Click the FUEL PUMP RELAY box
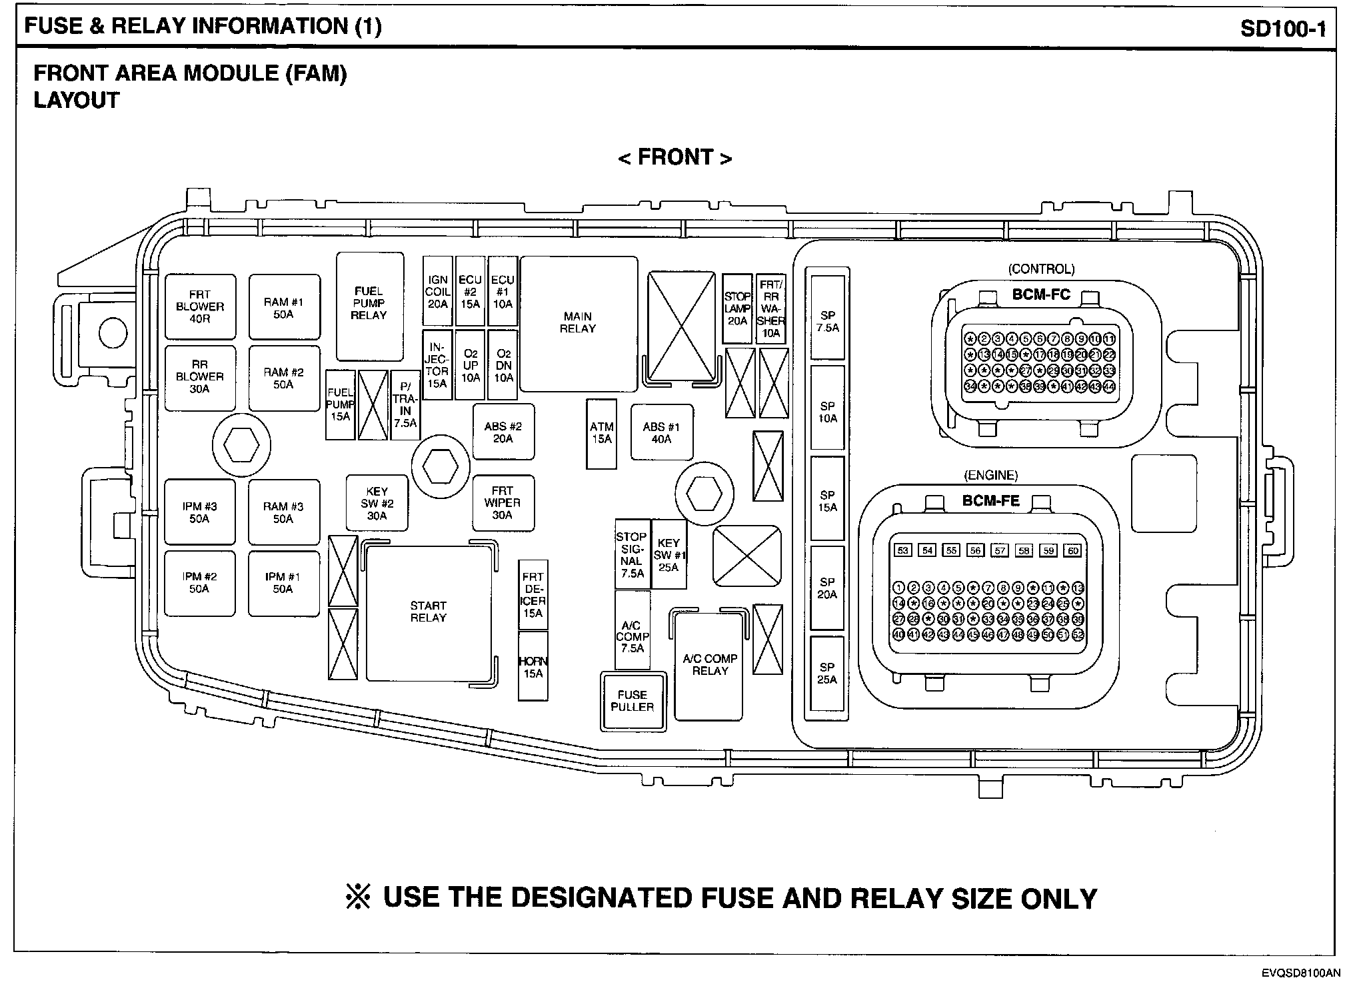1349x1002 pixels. point(369,306)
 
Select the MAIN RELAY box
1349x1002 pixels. point(578,323)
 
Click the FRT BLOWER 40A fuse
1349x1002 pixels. point(200,306)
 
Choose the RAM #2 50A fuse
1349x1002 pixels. point(284,378)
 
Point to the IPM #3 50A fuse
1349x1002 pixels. point(200,512)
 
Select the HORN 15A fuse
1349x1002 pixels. point(533,667)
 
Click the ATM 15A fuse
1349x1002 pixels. point(601,433)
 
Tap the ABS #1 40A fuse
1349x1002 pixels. point(661,433)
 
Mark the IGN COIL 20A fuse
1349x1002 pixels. point(438,292)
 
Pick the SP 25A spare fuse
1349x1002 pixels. point(827,673)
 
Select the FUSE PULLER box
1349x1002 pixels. point(633,701)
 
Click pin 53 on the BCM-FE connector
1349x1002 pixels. point(903,550)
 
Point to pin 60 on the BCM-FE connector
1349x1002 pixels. point(1073,550)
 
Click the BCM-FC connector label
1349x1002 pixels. point(1041,294)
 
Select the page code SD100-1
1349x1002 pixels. point(1283,29)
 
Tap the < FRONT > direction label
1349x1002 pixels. point(675,158)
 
